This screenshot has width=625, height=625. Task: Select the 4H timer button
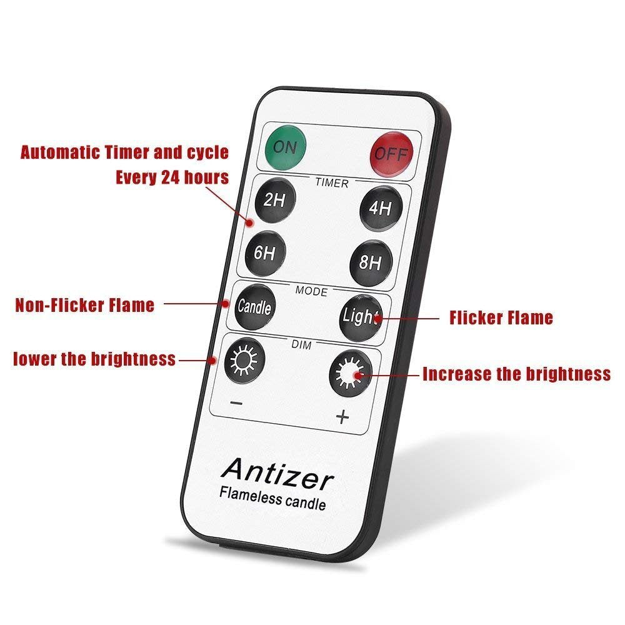point(380,208)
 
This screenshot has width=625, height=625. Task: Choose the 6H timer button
point(266,253)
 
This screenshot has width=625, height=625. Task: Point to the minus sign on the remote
point(236,403)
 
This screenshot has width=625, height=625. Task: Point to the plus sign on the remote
point(342,417)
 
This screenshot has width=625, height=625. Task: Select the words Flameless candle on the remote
point(272,498)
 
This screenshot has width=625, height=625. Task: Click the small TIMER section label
point(331,183)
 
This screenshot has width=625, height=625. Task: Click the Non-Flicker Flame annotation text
point(85,305)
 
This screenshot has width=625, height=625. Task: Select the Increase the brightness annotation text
point(516,374)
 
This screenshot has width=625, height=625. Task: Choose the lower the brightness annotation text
point(94,359)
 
